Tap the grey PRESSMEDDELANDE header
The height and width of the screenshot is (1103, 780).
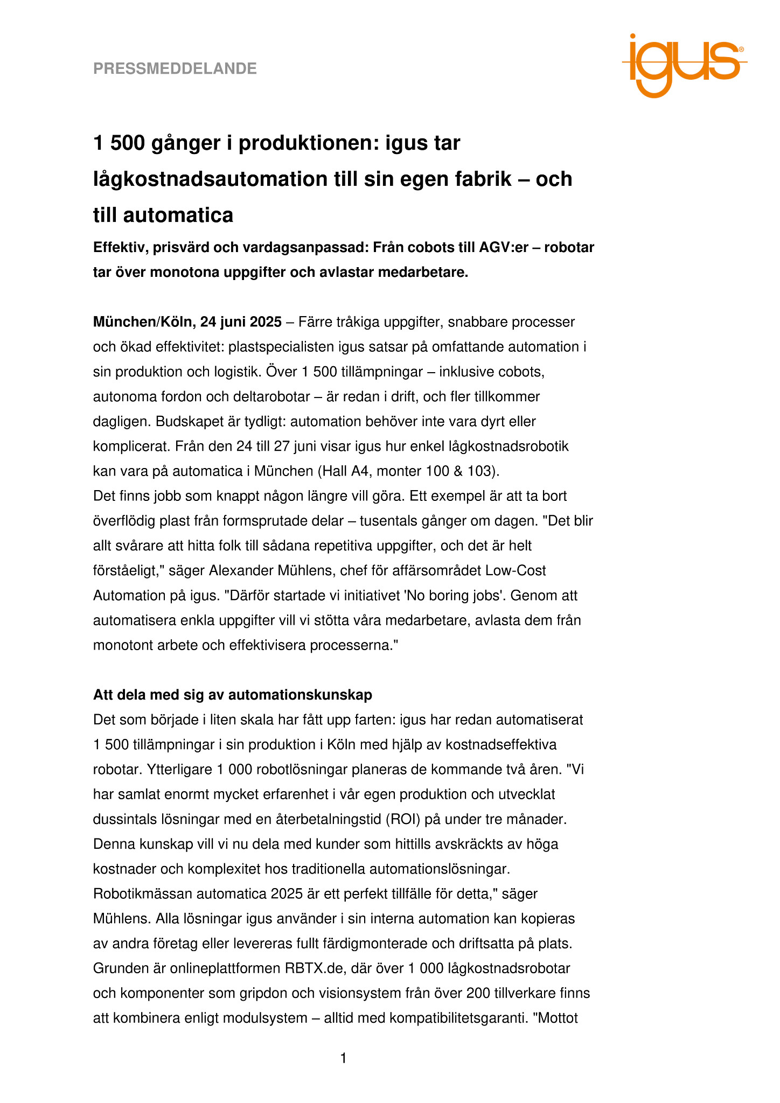pyautogui.click(x=175, y=69)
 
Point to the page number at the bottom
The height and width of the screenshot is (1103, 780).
pyautogui.click(x=344, y=1059)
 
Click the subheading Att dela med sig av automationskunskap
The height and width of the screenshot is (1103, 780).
pyautogui.click(x=233, y=695)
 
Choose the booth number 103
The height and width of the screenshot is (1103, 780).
pyautogui.click(x=483, y=471)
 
